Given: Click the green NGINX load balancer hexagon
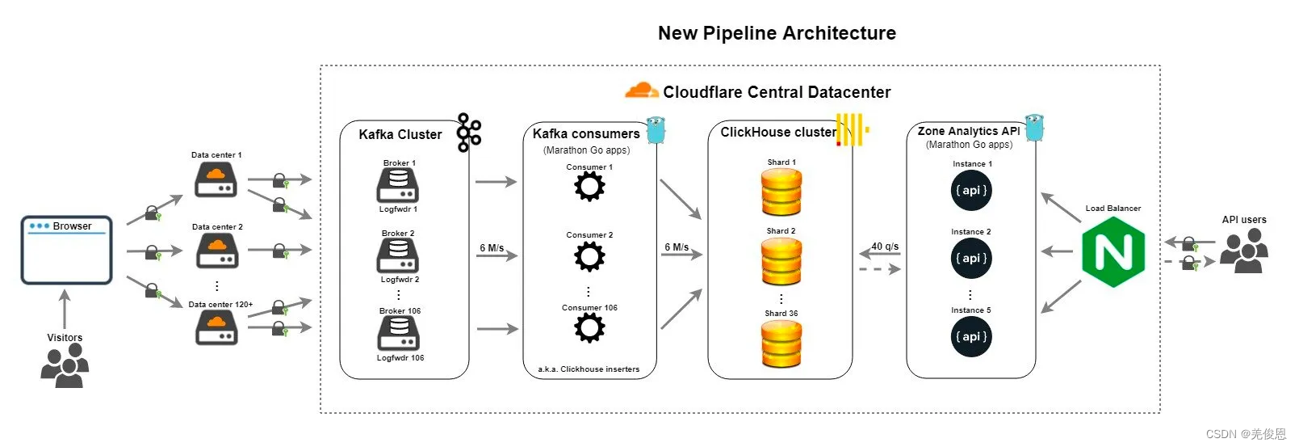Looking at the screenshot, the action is [x=1113, y=252].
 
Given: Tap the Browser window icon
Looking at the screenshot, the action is [x=67, y=250].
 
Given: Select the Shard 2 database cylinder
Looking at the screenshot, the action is [x=781, y=261].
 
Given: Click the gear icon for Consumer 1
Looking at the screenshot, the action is [x=589, y=187].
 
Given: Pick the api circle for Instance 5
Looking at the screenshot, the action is [x=971, y=337].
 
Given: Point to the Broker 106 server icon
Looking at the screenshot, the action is [x=398, y=333].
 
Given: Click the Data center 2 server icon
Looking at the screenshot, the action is [x=217, y=251].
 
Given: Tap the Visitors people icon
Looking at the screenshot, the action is [x=65, y=365].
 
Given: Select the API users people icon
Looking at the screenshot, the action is [x=1244, y=251].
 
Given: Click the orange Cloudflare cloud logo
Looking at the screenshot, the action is [x=641, y=91].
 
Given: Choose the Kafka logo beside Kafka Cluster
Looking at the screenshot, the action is [x=468, y=133].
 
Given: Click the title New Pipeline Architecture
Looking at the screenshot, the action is [x=777, y=33].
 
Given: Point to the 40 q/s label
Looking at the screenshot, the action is [x=885, y=247].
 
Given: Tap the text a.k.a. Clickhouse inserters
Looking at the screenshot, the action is [x=589, y=369].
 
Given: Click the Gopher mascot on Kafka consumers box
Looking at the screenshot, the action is [x=656, y=129].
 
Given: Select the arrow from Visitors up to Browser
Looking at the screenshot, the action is [x=65, y=309].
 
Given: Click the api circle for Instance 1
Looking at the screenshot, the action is [x=971, y=191].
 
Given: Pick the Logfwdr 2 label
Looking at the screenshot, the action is [x=400, y=279].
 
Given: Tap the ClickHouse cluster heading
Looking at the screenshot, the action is [x=778, y=132].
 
